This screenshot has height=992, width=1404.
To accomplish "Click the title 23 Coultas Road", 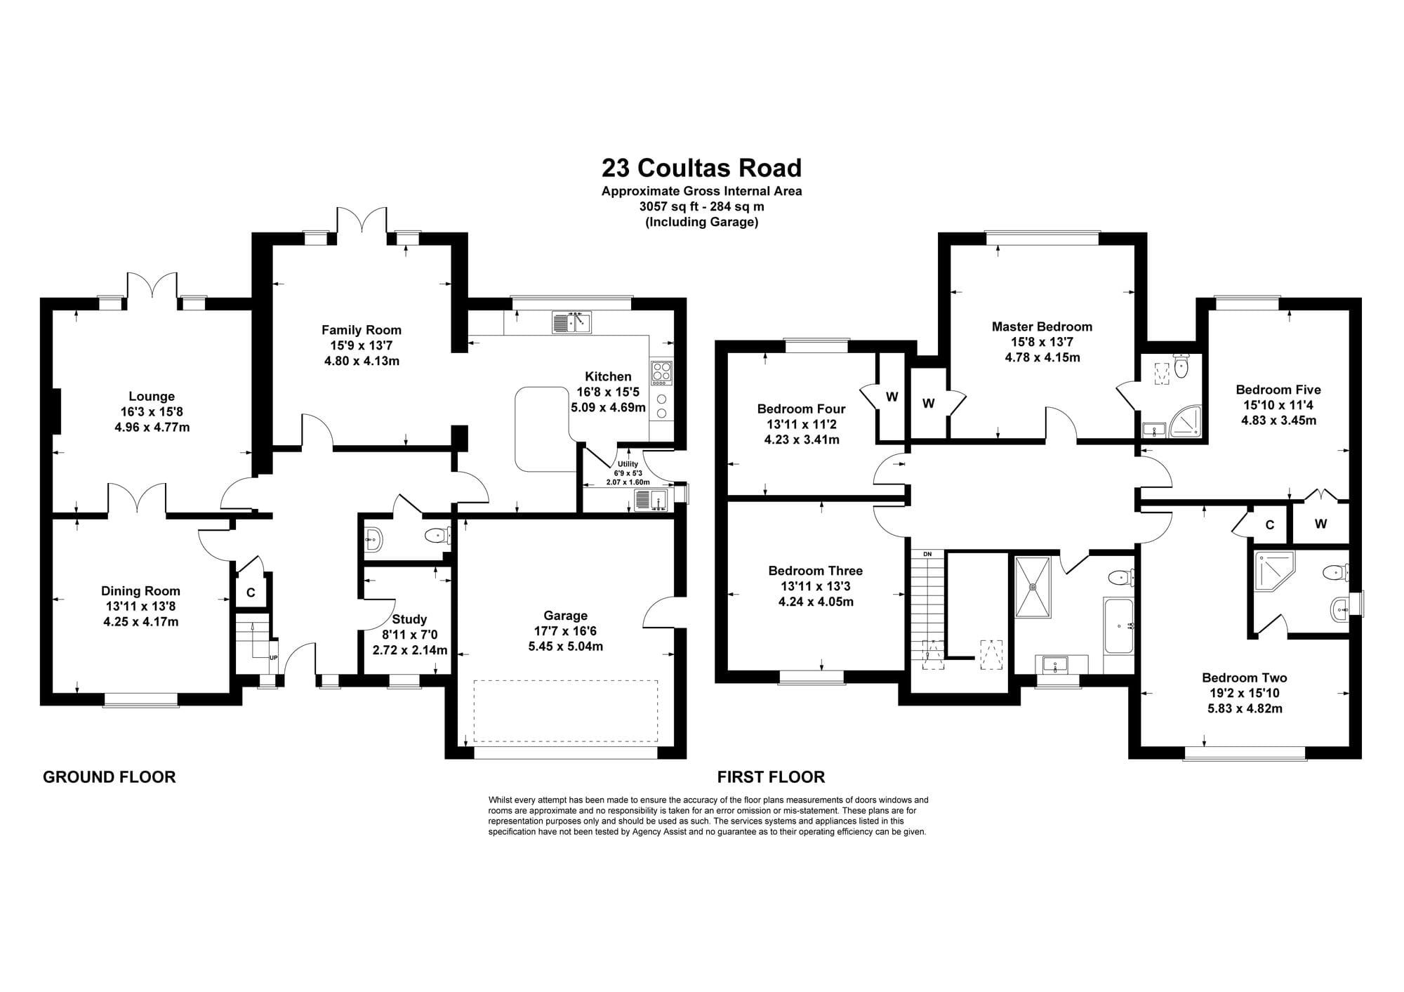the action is [x=701, y=168].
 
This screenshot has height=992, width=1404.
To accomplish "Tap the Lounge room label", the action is [x=152, y=397].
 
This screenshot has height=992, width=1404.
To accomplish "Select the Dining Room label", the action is [x=140, y=591].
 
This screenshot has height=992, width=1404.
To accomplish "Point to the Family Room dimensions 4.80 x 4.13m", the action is [x=362, y=361].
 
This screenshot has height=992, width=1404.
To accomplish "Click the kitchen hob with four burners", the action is [x=661, y=373].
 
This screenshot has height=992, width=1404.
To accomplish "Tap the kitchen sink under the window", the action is [x=572, y=322].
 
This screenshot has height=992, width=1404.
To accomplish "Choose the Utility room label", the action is [x=628, y=464].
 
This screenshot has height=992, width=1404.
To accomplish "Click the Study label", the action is [x=409, y=619].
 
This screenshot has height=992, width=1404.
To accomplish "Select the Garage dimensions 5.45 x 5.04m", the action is [x=566, y=647].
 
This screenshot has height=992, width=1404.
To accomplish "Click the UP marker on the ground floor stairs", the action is [x=274, y=658].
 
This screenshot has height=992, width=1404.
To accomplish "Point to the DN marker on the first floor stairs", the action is [x=927, y=554].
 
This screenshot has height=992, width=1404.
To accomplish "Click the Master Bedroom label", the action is [x=1042, y=326].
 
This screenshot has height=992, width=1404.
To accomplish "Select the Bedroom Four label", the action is [x=801, y=409].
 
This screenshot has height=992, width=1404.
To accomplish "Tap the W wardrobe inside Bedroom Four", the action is [x=892, y=397].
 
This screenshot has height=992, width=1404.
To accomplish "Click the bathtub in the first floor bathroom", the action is [x=1118, y=626].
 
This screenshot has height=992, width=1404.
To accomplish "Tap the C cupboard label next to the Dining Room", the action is [x=251, y=593].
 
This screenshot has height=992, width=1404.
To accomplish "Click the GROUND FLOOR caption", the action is [x=110, y=777].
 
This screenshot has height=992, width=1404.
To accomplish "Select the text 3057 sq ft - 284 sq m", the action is [x=701, y=207].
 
